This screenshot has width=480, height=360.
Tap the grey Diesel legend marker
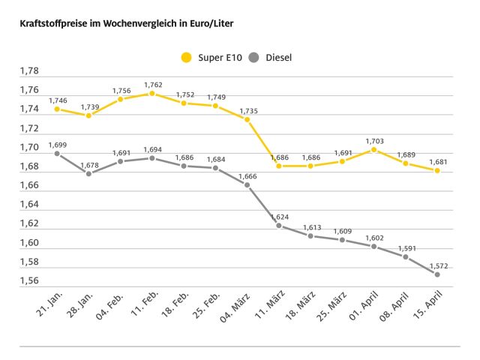(x=255, y=57)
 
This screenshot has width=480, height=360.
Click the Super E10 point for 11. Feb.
(x=151, y=94)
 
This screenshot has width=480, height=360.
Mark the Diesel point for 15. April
(x=437, y=274)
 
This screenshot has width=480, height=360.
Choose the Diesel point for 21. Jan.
(x=57, y=154)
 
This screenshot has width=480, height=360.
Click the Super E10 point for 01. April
(x=373, y=149)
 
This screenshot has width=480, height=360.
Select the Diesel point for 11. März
(x=279, y=225)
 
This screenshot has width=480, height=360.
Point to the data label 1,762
(x=151, y=85)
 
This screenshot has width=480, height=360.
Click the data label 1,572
(x=437, y=265)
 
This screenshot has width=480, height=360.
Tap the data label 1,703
(x=373, y=140)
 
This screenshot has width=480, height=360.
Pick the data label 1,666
(x=247, y=175)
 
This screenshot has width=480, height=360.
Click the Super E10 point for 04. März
(x=247, y=119)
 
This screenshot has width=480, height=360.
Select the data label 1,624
(x=279, y=216)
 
